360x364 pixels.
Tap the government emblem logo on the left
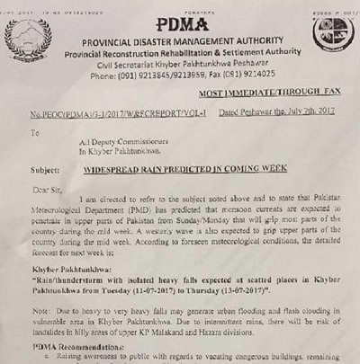28,40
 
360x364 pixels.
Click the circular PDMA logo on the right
332,33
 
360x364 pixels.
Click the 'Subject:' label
46,168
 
